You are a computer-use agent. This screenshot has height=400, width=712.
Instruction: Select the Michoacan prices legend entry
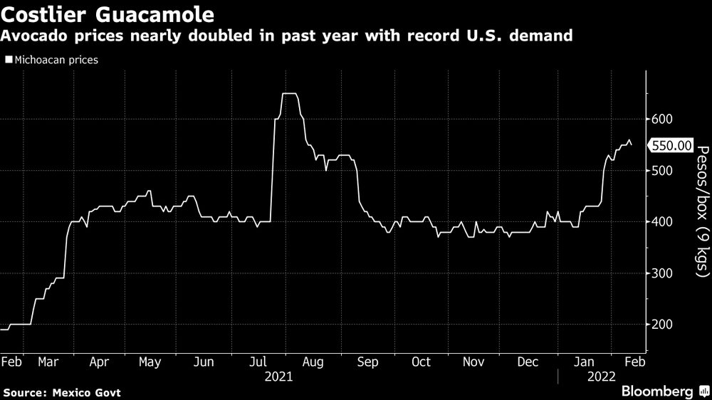point(51,60)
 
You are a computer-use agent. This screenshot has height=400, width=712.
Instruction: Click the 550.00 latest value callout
point(672,145)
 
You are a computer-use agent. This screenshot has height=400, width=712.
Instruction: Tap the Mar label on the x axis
point(48,362)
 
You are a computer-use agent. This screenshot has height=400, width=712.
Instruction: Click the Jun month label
point(204,362)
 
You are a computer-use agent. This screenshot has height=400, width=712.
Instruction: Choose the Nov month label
point(473,362)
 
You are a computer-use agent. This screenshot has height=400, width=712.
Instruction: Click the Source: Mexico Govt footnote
point(62,393)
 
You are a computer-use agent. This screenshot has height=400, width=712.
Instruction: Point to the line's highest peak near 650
point(289,93)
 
